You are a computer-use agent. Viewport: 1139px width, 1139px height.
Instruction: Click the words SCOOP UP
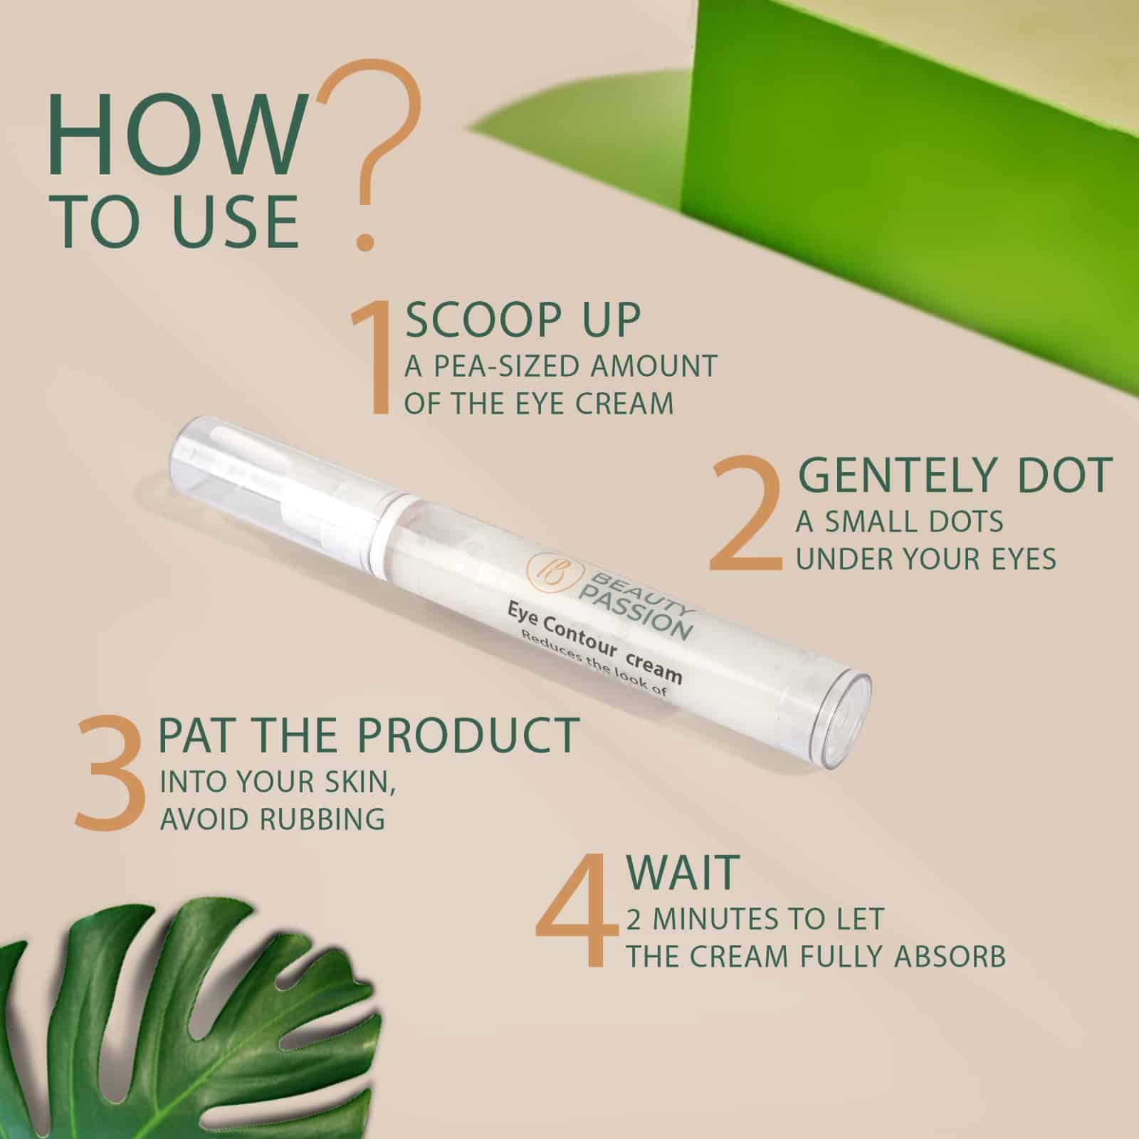(523, 321)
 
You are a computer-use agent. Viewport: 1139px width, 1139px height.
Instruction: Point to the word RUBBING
(323, 819)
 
